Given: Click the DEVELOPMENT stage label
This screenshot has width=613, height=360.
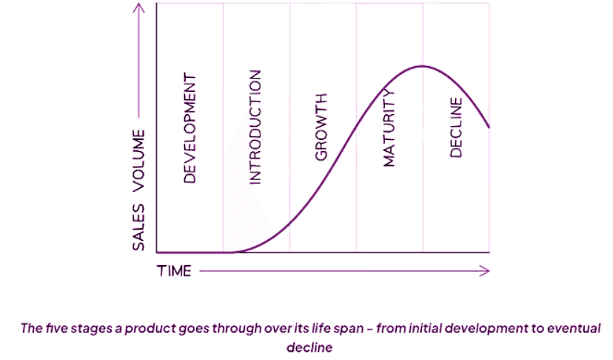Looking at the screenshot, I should (190, 127).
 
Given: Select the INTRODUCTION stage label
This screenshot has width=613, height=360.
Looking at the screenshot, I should (255, 127).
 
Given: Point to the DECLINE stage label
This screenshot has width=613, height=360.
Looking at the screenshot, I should (456, 127).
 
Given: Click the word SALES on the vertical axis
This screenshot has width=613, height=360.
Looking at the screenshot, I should (138, 227).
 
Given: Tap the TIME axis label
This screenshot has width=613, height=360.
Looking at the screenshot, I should (175, 271).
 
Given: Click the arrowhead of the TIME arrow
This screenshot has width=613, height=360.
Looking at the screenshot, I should (486, 271).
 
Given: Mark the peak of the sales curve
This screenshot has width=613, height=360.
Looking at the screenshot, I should (422, 66).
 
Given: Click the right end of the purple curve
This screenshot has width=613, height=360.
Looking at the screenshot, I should (489, 127).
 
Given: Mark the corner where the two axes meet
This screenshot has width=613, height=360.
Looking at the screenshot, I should (157, 253).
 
